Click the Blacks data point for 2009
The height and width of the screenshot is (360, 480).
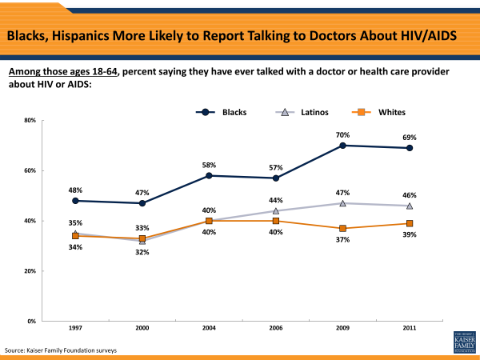342,146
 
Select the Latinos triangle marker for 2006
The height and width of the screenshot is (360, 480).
276,211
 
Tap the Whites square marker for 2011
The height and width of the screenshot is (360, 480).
410,223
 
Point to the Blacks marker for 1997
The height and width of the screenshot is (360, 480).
75,201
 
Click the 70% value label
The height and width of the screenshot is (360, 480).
342,134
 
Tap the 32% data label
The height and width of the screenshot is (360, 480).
142,252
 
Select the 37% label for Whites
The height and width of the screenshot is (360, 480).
342,239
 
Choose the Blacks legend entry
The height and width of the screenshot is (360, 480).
221,112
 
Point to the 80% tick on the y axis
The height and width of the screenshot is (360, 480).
30,121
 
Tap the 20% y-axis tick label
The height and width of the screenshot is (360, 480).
30,271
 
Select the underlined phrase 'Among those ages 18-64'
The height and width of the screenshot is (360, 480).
63,72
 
